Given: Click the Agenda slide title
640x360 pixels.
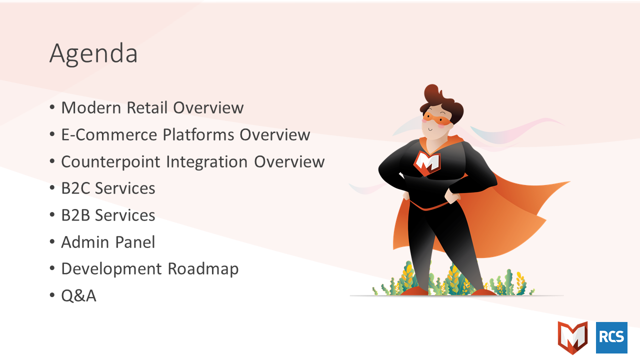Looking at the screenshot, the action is click(93, 54).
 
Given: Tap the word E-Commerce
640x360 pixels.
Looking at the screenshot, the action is click(109, 134).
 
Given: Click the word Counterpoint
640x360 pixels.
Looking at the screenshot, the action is click(110, 162).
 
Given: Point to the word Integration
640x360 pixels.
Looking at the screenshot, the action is click(207, 162).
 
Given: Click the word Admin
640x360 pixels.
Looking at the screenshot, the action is click(85, 242).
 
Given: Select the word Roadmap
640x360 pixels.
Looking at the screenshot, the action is click(203, 269).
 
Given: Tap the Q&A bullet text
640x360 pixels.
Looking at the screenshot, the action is click(79, 295).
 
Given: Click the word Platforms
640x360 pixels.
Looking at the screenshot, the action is click(198, 134).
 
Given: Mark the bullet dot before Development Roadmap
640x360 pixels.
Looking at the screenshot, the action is click(52, 268).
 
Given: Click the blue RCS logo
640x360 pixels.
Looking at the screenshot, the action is click(611, 337).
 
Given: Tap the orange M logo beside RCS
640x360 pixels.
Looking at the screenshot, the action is click(572, 337).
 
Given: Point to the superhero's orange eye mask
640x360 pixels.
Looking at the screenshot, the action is click(437, 118).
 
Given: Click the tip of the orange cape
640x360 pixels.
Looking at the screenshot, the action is click(569, 181).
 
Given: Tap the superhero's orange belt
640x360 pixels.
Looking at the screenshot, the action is click(428, 206).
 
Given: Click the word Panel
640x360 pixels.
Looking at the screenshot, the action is click(135, 242).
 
